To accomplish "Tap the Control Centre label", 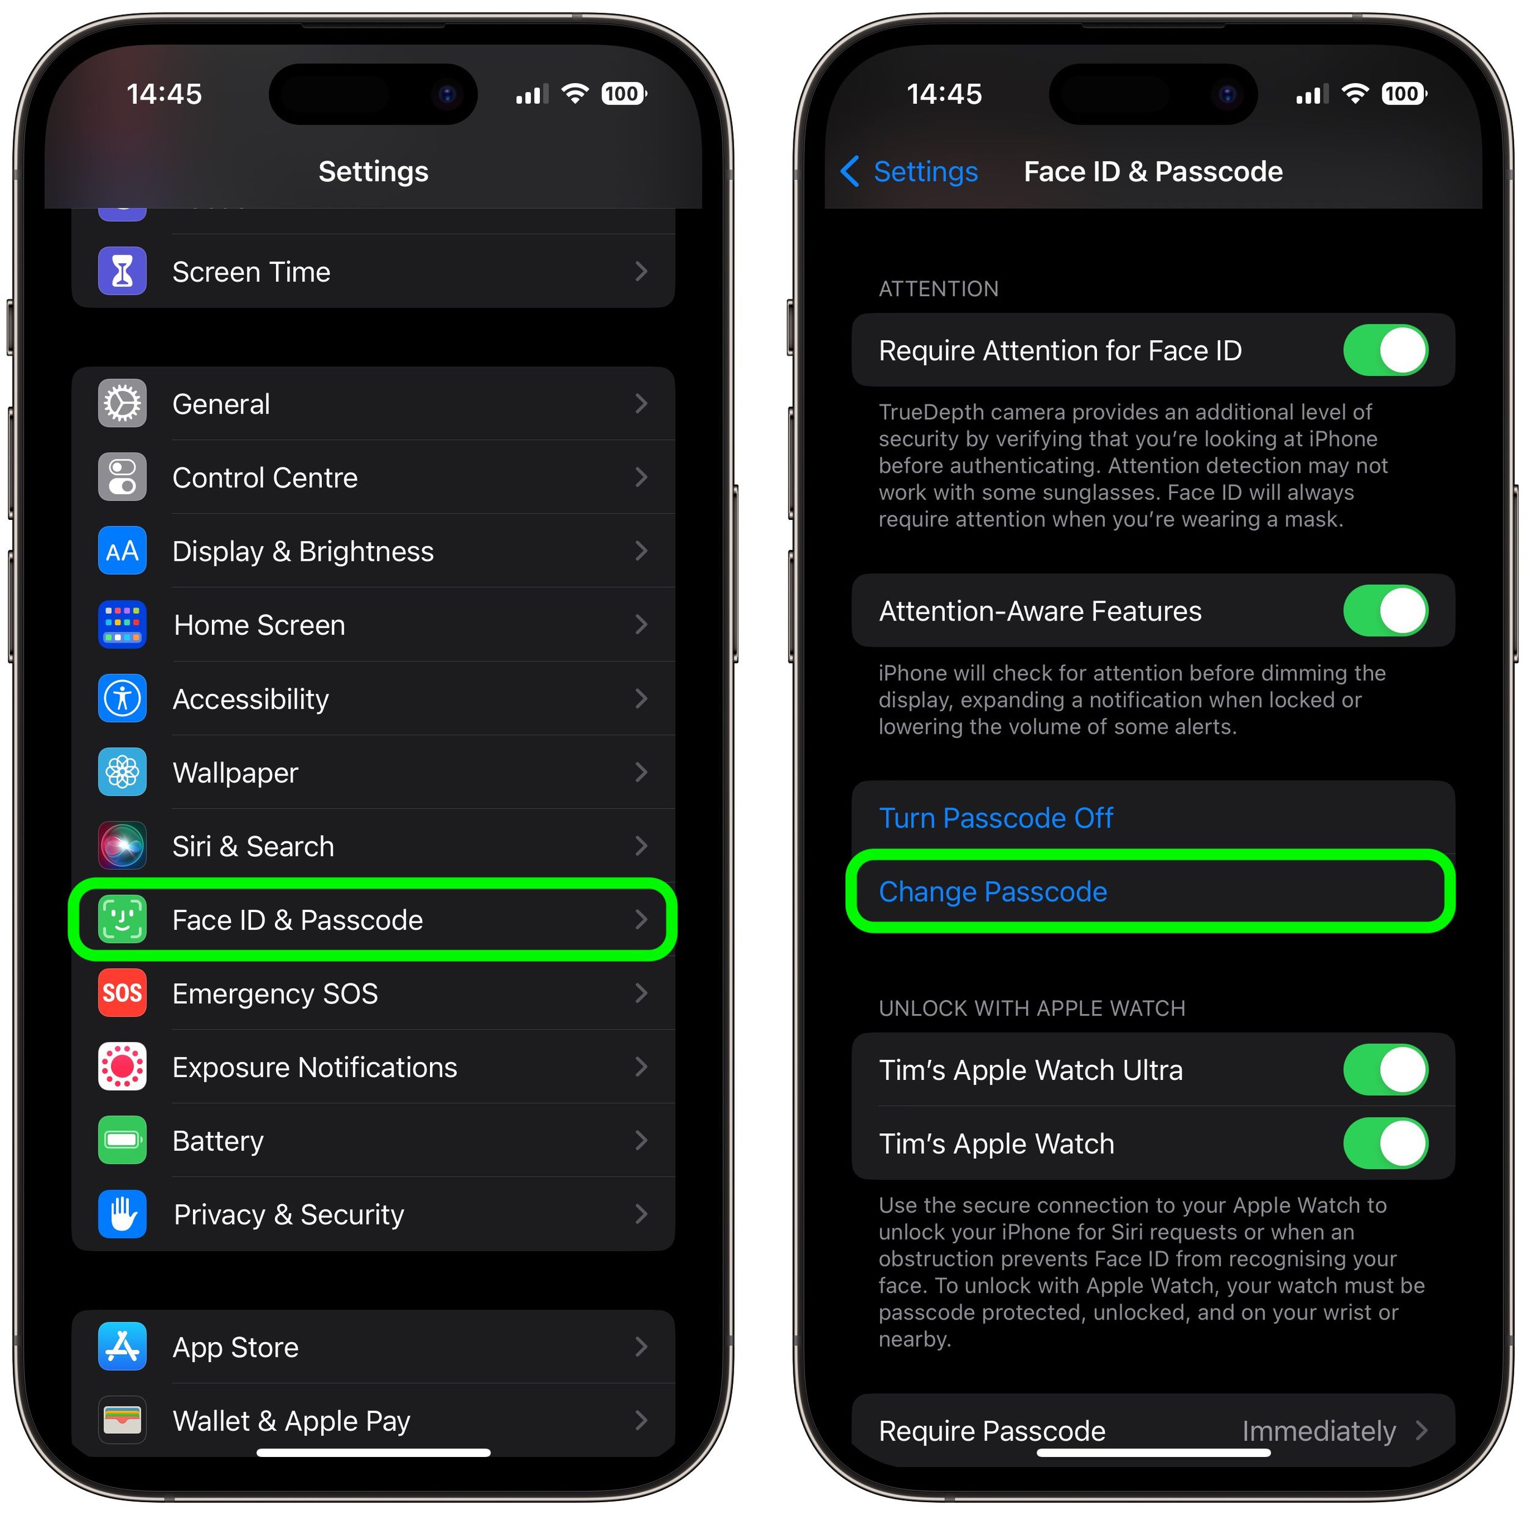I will point(264,477).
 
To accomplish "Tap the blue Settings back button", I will point(909,172).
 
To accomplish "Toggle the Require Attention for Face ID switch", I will point(1385,350).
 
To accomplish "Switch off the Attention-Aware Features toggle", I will point(1385,611).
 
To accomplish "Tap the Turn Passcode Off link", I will point(995,818).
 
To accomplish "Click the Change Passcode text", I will point(993,891).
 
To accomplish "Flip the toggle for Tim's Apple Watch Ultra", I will point(1385,1070).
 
